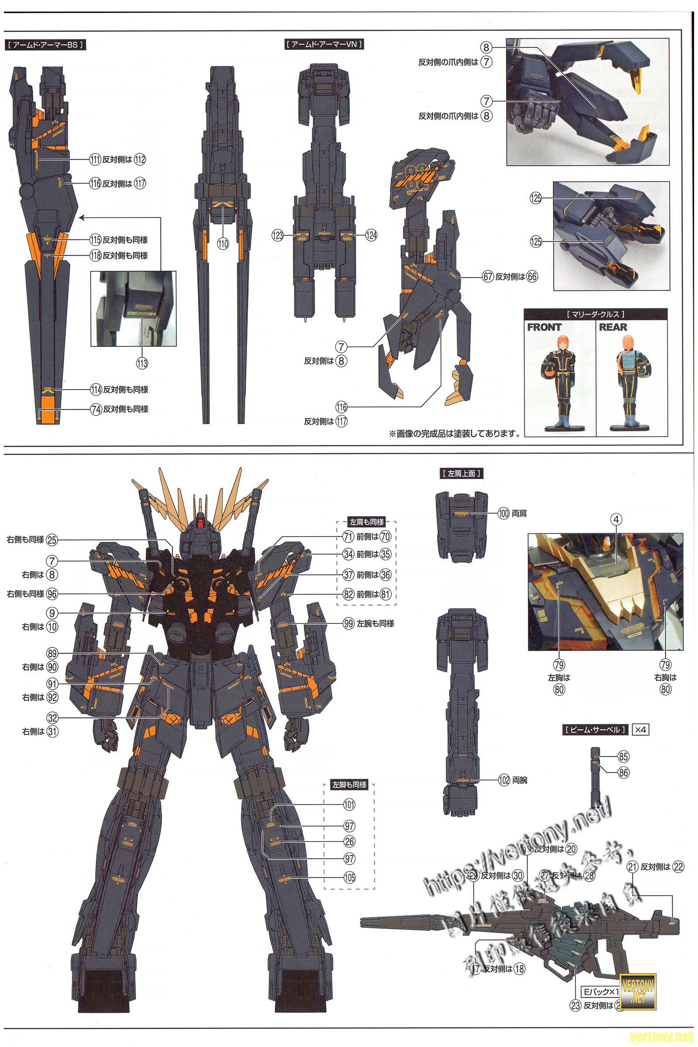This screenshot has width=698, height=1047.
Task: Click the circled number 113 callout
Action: pyautogui.click(x=142, y=363)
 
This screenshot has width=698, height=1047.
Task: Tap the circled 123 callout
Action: pyautogui.click(x=277, y=236)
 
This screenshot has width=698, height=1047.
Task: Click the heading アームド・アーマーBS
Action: pyautogui.click(x=44, y=45)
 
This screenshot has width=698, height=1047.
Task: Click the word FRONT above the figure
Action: pyautogui.click(x=544, y=327)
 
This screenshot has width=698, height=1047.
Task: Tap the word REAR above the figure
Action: pyautogui.click(x=613, y=327)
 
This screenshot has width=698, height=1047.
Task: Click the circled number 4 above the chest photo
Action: pyautogui.click(x=617, y=519)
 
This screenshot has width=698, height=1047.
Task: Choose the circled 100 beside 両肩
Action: pyautogui.click(x=503, y=513)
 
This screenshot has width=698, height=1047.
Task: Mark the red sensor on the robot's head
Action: pyautogui.click(x=200, y=523)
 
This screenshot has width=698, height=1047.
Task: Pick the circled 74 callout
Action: pyautogui.click(x=96, y=409)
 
